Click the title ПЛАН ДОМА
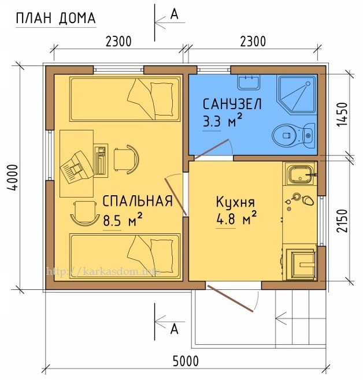click(x=55, y=18)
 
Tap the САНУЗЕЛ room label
click(x=232, y=104)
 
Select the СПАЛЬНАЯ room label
click(x=138, y=201)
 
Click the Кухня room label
click(x=235, y=202)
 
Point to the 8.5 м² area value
click(x=123, y=219)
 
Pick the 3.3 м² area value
click(x=222, y=120)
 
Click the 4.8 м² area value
click(x=236, y=217)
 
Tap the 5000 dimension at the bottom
click(x=186, y=362)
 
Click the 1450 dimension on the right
click(x=342, y=114)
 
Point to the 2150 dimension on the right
click(x=342, y=221)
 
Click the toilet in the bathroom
click(x=294, y=135)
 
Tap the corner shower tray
click(x=297, y=96)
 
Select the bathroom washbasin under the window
click(x=249, y=82)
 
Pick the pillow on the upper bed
click(x=162, y=99)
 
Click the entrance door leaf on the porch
click(x=231, y=299)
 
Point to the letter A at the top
click(x=174, y=14)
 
